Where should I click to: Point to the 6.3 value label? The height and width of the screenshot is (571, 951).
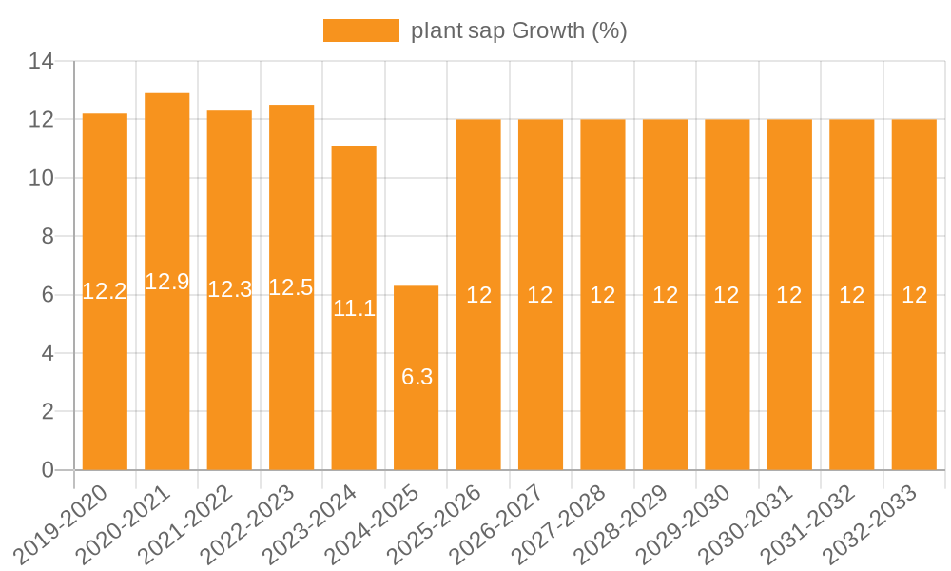pyautogui.click(x=417, y=377)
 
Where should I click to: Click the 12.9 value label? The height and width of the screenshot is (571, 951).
pyautogui.click(x=167, y=282)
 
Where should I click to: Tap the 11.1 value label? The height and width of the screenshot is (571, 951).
pyautogui.click(x=354, y=308)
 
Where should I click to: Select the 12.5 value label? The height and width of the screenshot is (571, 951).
pyautogui.click(x=291, y=287)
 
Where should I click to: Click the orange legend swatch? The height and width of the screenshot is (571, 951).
pyautogui.click(x=360, y=30)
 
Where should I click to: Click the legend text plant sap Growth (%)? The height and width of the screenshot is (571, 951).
pyautogui.click(x=518, y=30)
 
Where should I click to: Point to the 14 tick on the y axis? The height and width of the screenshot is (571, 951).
pyautogui.click(x=41, y=62)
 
